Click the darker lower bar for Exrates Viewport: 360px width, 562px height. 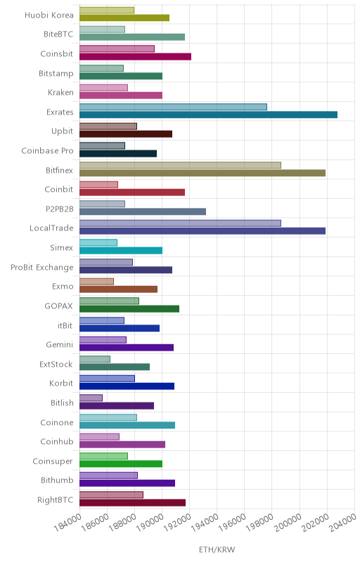point(208,115)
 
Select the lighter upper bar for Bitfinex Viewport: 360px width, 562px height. point(180,165)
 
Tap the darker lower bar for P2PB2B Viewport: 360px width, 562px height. point(143,211)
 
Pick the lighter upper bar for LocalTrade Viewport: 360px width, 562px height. point(180,223)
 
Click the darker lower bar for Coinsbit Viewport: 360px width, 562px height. point(135,57)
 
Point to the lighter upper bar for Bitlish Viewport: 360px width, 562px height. point(91,398)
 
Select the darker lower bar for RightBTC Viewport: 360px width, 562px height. point(132,502)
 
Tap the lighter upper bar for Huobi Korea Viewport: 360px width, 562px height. point(107,10)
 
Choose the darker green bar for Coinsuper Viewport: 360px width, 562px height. point(121,464)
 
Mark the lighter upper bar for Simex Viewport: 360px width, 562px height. point(98,242)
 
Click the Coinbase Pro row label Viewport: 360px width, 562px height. point(47,151)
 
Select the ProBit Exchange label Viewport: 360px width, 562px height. point(42,268)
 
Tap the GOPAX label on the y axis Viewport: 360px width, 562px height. point(58,306)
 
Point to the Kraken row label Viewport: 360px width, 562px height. point(60,93)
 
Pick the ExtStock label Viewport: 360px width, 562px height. point(56,364)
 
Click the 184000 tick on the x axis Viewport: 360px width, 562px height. point(67,523)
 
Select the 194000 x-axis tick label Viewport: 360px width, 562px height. point(205,523)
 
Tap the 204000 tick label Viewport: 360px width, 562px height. point(343,523)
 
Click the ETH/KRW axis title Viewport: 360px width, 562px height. point(217,550)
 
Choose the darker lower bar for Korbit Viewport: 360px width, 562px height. point(127,386)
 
